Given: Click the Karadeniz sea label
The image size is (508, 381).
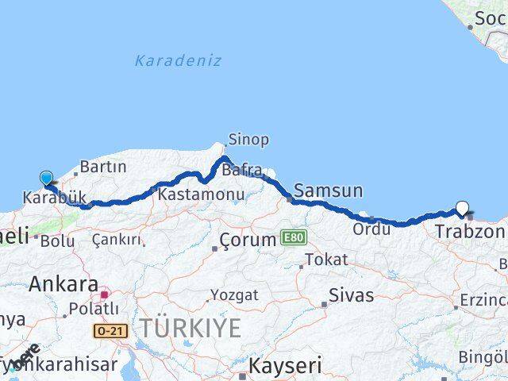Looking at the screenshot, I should [178, 60].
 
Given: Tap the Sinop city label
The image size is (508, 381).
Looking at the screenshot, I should [248, 140].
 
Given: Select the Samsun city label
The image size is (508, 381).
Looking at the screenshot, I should [328, 190].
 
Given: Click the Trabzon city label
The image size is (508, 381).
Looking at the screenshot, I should [470, 232].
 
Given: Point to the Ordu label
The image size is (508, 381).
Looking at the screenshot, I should [371, 229].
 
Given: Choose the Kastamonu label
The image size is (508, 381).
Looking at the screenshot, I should [189, 194].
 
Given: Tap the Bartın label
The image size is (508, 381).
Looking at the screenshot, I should [103, 167].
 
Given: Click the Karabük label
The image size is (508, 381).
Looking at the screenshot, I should [55, 198].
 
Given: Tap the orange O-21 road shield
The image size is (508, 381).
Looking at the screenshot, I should [110, 330].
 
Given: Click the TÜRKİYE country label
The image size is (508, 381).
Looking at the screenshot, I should [190, 327].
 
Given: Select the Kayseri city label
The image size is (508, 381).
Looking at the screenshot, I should [285, 367].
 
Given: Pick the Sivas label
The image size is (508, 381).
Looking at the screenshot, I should [352, 295].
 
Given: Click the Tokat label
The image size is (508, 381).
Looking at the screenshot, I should [326, 260].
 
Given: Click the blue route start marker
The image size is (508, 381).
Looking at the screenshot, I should [46, 179].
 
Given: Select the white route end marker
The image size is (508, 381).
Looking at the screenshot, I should [463, 209].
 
